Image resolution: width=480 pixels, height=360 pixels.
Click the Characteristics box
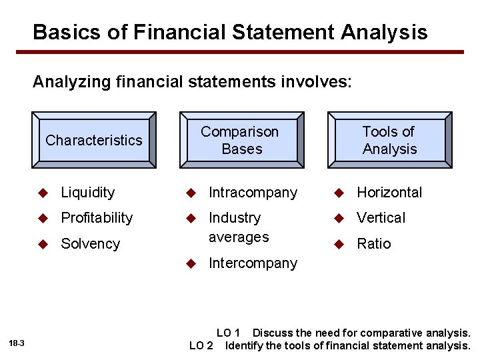(93, 140)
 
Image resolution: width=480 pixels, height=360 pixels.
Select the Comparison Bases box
(241, 140)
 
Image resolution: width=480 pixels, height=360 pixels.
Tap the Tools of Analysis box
(389, 140)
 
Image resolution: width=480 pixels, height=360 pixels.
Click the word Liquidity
(88, 193)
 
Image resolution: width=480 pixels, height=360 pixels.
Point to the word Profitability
(97, 218)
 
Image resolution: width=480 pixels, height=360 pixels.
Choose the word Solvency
(90, 244)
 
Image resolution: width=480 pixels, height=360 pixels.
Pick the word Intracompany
(253, 193)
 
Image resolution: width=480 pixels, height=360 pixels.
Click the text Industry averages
(238, 227)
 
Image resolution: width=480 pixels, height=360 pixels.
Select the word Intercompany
(253, 263)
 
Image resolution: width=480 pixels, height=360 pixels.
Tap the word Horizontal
(389, 193)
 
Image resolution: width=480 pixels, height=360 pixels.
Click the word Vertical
(381, 218)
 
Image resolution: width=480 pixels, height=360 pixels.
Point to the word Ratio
(374, 244)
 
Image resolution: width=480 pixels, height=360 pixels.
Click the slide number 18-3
(17, 343)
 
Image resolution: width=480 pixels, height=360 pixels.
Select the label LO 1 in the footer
(228, 333)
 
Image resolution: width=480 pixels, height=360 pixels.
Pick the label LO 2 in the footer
(201, 345)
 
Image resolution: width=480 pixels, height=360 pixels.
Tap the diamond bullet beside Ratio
(339, 244)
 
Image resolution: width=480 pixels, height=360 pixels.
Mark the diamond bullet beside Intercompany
(191, 263)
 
